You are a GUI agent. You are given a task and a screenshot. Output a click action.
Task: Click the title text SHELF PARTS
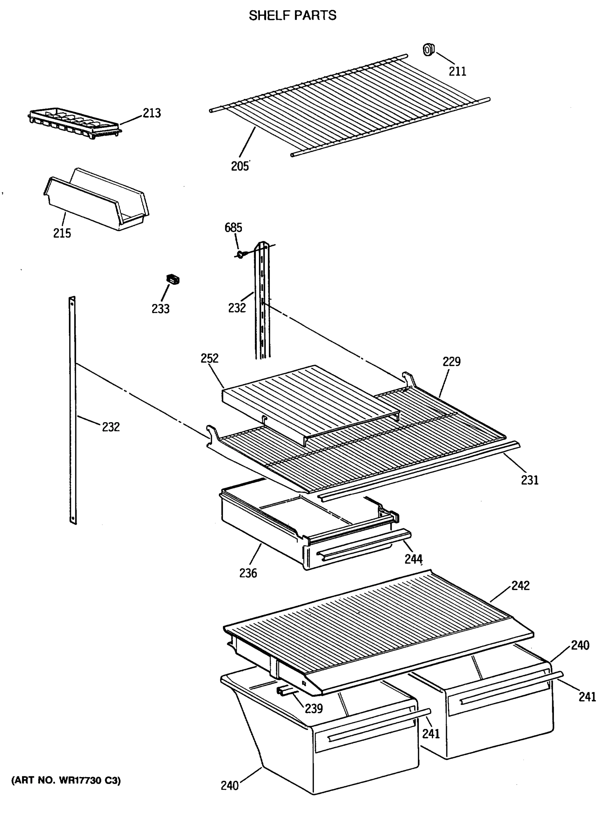[292, 16]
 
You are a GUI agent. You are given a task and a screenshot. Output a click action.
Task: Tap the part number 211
[457, 71]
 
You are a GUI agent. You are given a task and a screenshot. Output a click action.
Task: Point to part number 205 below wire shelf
[240, 166]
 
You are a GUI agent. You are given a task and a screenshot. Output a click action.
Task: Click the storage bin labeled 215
[96, 200]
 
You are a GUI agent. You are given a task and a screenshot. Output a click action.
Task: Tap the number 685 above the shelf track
[234, 228]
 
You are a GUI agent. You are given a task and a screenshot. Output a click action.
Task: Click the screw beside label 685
[240, 254]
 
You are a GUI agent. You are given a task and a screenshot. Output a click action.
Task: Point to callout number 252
[209, 358]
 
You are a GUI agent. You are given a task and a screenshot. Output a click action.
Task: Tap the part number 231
[529, 480]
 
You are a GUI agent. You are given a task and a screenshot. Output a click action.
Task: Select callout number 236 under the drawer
[248, 573]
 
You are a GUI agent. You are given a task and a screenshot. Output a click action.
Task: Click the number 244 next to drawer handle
[413, 559]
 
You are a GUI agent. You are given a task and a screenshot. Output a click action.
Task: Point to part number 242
[520, 585]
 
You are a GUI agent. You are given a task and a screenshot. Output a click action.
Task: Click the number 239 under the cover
[314, 709]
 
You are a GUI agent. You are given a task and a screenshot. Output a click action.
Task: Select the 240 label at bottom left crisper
[229, 785]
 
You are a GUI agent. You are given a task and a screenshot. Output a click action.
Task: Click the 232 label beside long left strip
[111, 427]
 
